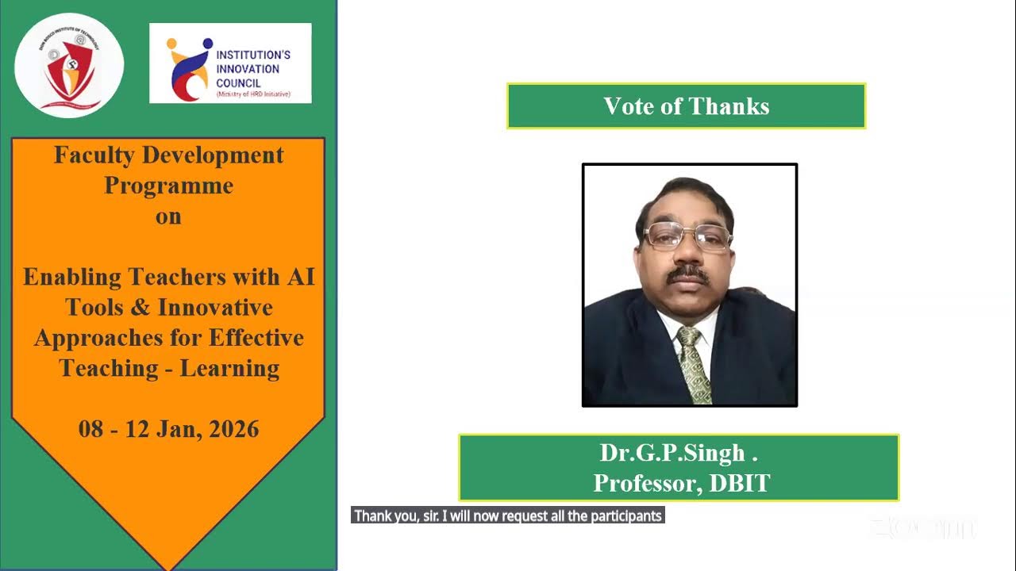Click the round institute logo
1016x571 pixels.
point(69,66)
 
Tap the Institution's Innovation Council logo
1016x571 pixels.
point(230,63)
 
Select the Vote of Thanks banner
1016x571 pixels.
point(686,106)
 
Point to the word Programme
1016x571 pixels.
point(168,186)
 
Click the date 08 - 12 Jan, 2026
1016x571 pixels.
point(168,429)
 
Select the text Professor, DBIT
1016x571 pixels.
point(681,483)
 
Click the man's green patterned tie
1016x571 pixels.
point(693,364)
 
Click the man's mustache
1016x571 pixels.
point(687,275)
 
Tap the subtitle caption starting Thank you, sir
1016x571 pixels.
point(507,516)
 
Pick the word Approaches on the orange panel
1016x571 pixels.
point(98,338)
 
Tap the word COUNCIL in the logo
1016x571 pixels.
point(238,82)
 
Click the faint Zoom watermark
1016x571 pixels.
point(922,527)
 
